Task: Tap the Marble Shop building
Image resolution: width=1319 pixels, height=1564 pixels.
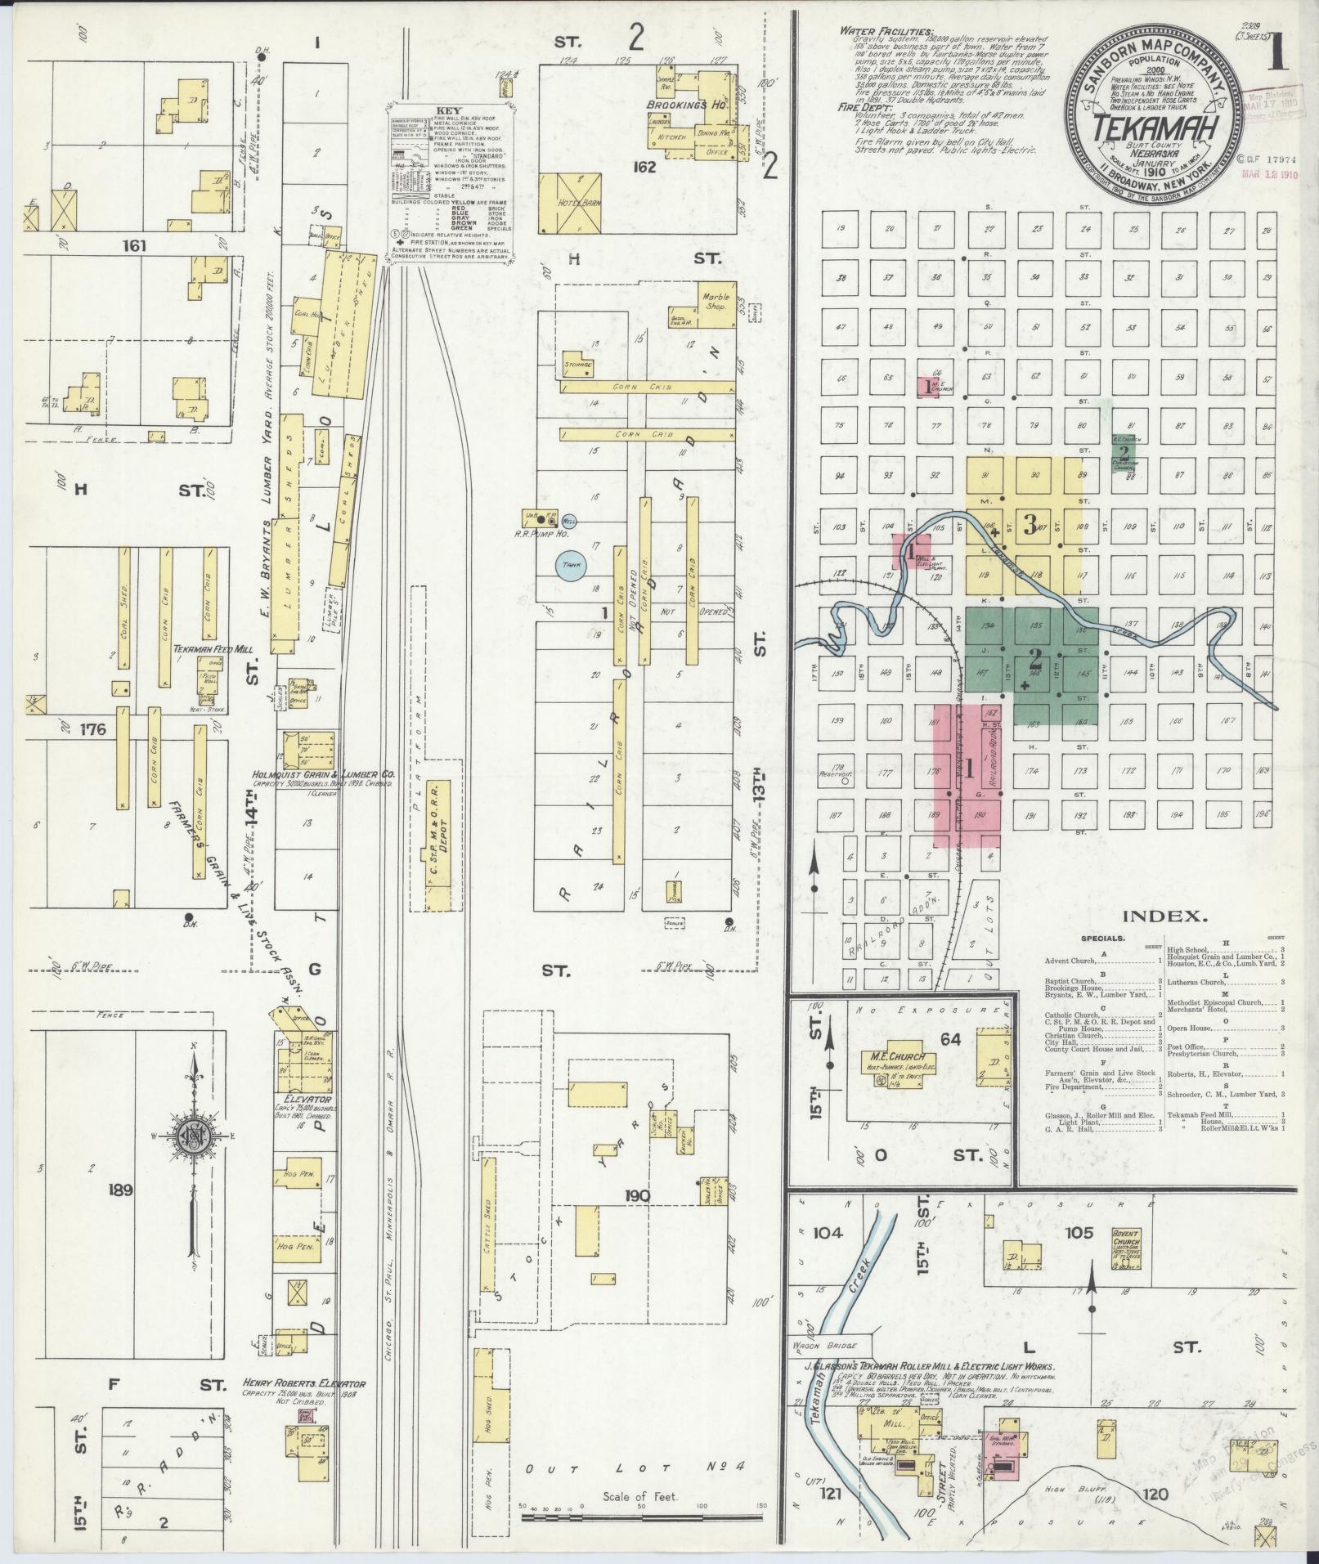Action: (711, 302)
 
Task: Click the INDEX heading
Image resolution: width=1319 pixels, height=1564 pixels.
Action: (1166, 916)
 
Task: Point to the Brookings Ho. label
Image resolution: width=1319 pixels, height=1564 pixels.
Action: (698, 105)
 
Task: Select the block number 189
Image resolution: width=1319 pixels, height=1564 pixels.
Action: (120, 1190)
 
